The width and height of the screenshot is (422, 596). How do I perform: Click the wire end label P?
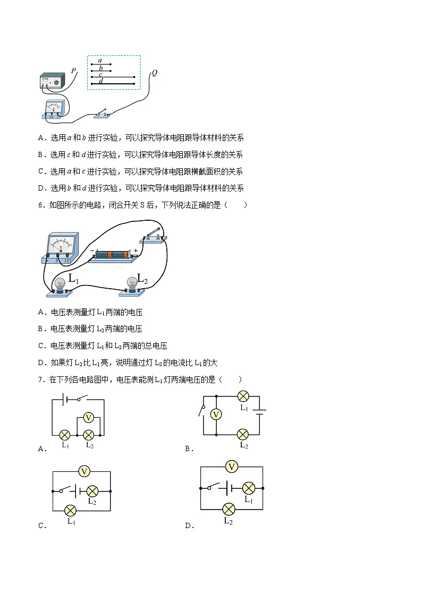(x=73, y=71)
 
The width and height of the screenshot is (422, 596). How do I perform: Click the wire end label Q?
(x=155, y=73)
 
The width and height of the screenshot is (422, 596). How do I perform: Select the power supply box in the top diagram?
(x=52, y=81)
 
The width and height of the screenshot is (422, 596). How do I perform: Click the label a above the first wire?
(x=100, y=61)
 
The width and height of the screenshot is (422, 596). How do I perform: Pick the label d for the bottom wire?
(x=101, y=81)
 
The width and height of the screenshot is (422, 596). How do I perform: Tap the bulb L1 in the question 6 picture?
(x=60, y=287)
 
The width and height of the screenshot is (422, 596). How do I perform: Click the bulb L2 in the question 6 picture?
(x=132, y=286)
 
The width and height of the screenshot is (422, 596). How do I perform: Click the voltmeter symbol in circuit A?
(x=89, y=418)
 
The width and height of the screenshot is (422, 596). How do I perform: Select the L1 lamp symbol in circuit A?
(x=65, y=435)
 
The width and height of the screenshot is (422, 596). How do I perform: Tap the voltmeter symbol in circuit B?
(x=216, y=414)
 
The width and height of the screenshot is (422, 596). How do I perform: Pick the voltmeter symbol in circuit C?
(x=84, y=472)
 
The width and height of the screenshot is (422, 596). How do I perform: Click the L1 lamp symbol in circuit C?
(x=70, y=511)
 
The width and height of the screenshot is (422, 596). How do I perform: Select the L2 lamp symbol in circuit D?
(x=229, y=509)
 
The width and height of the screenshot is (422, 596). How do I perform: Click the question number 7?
(x=41, y=379)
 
